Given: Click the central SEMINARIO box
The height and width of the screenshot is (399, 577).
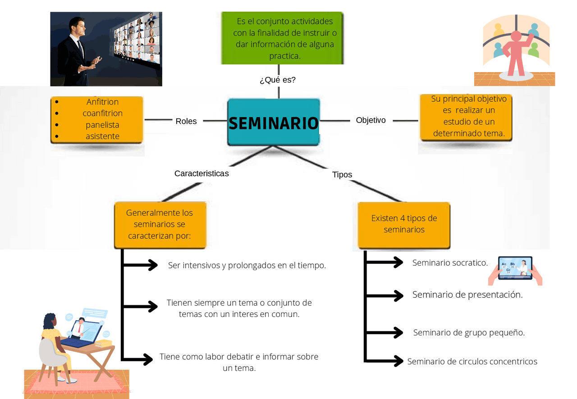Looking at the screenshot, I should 274,122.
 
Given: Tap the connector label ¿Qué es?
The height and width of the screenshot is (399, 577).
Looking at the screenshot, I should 278,80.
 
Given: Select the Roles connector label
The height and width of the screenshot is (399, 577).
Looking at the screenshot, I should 186,121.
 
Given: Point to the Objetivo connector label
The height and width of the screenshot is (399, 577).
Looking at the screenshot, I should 371,120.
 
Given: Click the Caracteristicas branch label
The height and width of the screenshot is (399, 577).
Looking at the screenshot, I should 201,173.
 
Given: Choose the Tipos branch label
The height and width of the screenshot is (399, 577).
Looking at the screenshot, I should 342,175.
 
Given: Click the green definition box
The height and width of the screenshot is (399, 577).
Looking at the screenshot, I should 283,38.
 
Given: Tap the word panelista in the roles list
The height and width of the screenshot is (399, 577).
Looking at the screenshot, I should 102,125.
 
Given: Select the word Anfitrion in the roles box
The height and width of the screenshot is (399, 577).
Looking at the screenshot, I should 102,102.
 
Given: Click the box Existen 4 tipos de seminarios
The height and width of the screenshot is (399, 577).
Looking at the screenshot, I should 404,224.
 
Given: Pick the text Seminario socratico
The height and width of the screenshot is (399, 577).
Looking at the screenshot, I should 450,263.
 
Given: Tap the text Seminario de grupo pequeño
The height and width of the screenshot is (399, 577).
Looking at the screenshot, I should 469,333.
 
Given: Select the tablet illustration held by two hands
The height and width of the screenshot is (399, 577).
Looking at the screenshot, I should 515,269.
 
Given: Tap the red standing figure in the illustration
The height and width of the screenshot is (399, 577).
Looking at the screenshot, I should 516,52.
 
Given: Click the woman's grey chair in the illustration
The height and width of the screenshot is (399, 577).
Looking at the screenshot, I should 50,354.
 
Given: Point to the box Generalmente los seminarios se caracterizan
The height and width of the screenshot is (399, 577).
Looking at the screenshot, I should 160,224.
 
